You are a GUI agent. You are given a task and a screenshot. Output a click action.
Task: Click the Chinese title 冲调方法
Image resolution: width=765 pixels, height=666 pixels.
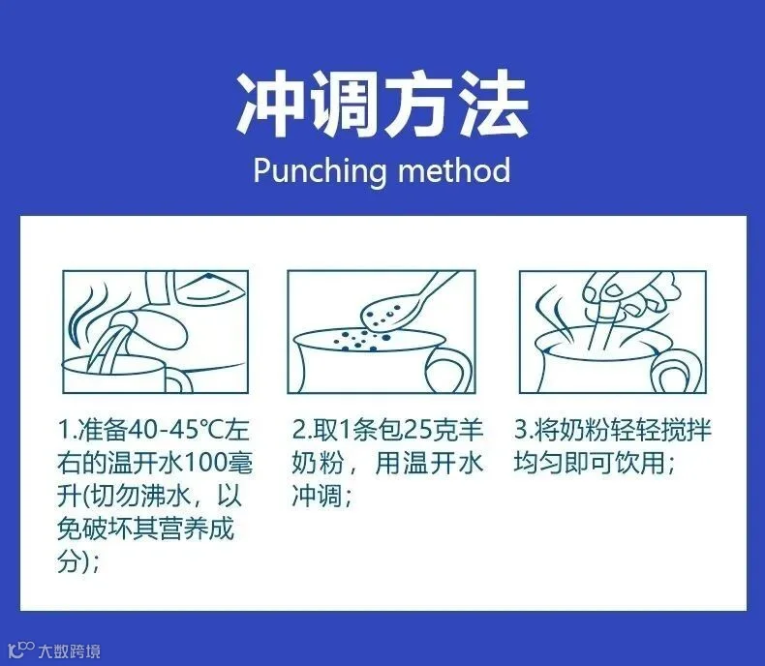[x=382, y=105]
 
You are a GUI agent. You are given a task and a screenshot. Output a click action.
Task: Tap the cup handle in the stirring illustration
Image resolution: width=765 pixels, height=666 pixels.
[x=679, y=371]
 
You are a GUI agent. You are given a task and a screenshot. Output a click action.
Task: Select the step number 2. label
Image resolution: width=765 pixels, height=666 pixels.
[x=301, y=431]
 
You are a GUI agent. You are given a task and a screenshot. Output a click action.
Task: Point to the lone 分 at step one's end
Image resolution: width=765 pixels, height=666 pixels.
[x=70, y=562]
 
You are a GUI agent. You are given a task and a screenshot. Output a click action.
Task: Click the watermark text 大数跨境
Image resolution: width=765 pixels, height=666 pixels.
[x=71, y=651]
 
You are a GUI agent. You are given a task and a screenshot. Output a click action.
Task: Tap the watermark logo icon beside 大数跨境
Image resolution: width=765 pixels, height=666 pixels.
[x=20, y=650]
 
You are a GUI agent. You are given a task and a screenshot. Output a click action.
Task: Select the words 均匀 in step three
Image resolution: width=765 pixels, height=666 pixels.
[x=538, y=463]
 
